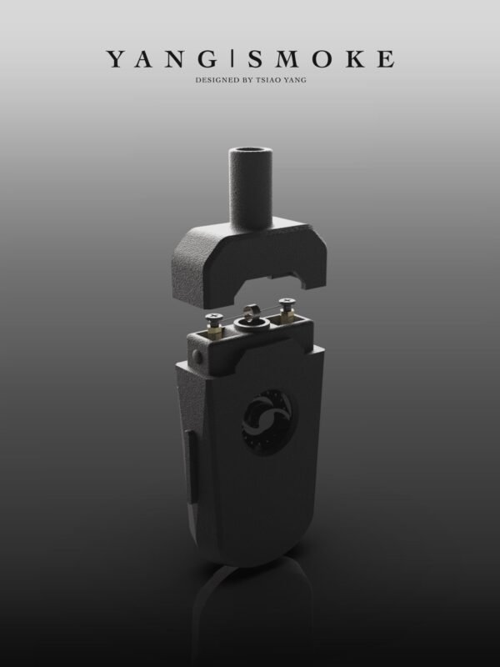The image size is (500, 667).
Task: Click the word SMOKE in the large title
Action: [x=322, y=58]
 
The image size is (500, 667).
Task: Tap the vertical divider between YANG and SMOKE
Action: [x=232, y=58]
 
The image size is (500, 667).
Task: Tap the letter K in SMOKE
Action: [x=356, y=58]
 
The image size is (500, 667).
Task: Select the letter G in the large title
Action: [x=208, y=58]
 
